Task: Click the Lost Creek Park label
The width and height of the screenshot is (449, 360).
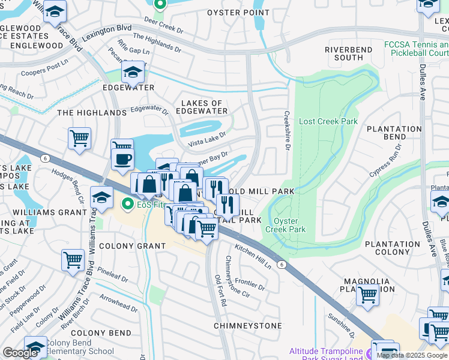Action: coord(328,121)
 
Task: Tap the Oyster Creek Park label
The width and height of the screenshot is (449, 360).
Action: coord(286,224)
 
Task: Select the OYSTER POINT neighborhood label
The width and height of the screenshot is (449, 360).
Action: coord(238,13)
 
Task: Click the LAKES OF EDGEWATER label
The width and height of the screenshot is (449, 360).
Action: coord(204,107)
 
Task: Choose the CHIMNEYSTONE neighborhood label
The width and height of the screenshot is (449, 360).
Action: coord(247,326)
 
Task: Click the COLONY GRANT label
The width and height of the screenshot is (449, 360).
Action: coord(132,246)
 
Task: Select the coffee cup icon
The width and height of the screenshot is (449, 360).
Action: coord(124,159)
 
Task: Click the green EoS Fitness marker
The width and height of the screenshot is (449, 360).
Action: coord(127,205)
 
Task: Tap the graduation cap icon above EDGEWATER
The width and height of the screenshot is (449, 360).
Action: coord(132,74)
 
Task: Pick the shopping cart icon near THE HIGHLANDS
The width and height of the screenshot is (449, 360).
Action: coord(79,139)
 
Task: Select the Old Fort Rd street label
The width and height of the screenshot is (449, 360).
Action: coord(220,290)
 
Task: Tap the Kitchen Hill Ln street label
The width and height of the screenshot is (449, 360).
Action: coord(253,256)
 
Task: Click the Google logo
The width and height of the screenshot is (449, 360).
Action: coord(20,353)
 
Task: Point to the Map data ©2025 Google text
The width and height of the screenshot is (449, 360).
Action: coord(412,355)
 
